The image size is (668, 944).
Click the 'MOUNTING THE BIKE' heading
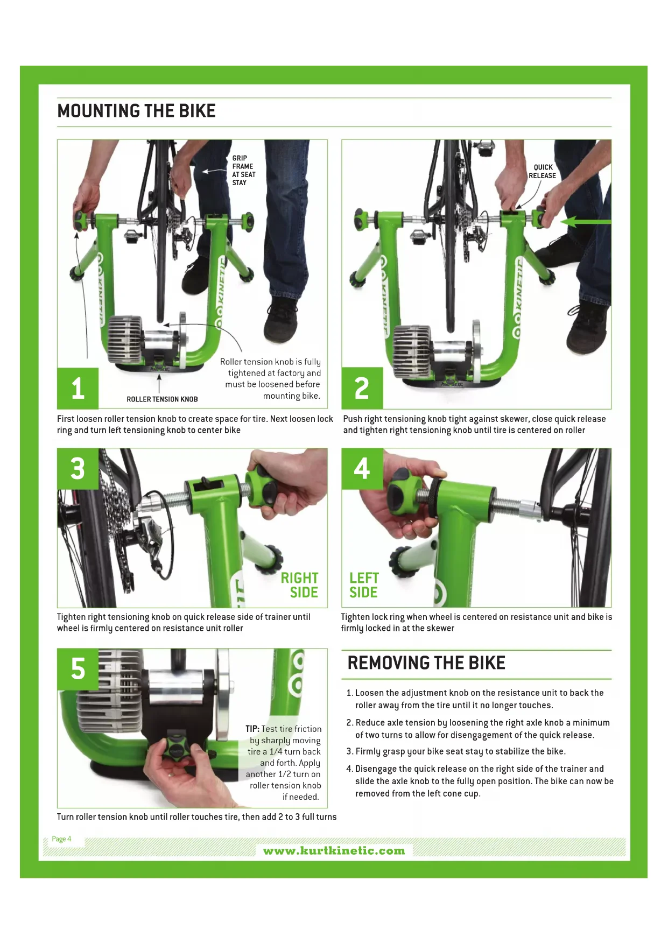tap(136, 111)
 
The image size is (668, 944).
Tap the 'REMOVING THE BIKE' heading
tap(426, 663)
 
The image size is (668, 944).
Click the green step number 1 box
tap(78, 388)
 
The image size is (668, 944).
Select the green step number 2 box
tap(362, 388)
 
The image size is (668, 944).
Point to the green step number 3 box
tap(78, 469)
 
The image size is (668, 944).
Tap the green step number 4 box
tap(362, 469)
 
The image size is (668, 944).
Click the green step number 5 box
tap(78, 669)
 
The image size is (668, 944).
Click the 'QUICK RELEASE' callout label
tap(542, 171)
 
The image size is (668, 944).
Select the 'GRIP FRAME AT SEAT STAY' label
tap(244, 170)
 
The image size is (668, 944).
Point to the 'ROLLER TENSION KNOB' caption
tap(162, 399)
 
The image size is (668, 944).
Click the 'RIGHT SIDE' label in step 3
tap(299, 585)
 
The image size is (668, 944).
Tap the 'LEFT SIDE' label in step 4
tap(364, 585)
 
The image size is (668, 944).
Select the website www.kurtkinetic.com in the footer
tap(334, 851)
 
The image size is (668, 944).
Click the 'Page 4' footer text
tap(61, 839)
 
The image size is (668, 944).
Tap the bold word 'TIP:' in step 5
tap(252, 729)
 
